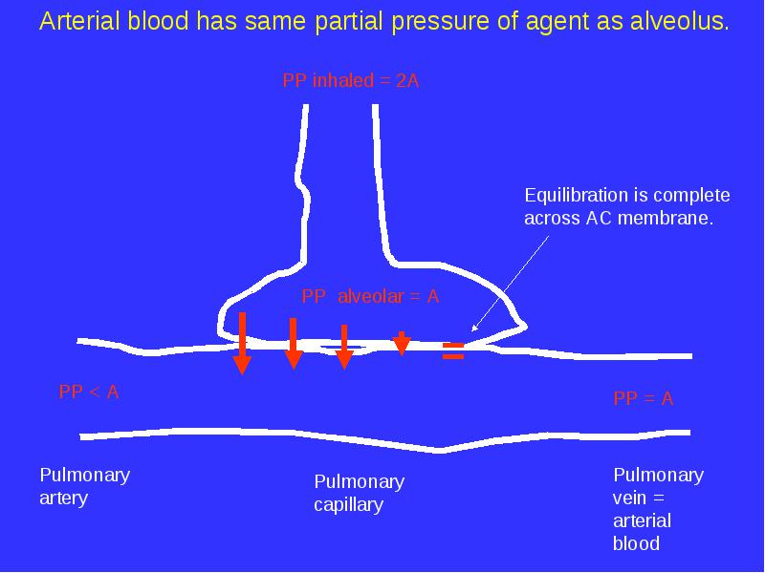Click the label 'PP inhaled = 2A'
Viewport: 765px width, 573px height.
click(351, 80)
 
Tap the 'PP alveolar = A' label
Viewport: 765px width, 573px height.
click(370, 296)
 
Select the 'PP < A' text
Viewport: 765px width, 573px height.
click(89, 392)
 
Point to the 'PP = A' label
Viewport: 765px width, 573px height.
click(643, 398)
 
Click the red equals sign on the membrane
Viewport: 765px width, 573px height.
click(453, 350)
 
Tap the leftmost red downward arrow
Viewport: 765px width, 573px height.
click(242, 343)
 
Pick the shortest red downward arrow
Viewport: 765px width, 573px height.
click(402, 344)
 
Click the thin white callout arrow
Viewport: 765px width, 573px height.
click(511, 284)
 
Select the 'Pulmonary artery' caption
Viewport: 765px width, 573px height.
click(85, 486)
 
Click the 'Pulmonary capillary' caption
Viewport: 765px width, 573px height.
click(360, 493)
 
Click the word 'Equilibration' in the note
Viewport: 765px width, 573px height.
click(574, 196)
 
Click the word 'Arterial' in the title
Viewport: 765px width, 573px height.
click(80, 21)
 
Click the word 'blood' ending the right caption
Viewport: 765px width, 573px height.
click(636, 542)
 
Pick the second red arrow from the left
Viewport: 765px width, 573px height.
click(294, 344)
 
